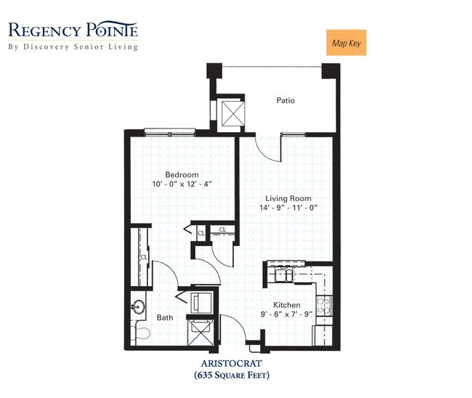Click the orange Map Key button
346,42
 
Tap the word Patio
285,100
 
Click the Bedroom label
182,174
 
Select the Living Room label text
289,198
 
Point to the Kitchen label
286,305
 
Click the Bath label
165,317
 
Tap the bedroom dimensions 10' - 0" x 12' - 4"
182,184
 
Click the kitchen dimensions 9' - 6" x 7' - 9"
286,314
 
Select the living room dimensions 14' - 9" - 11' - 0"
289,208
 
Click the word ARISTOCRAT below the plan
232,364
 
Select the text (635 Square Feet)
232,375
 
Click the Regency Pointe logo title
73,31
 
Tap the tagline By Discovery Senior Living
73,47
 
